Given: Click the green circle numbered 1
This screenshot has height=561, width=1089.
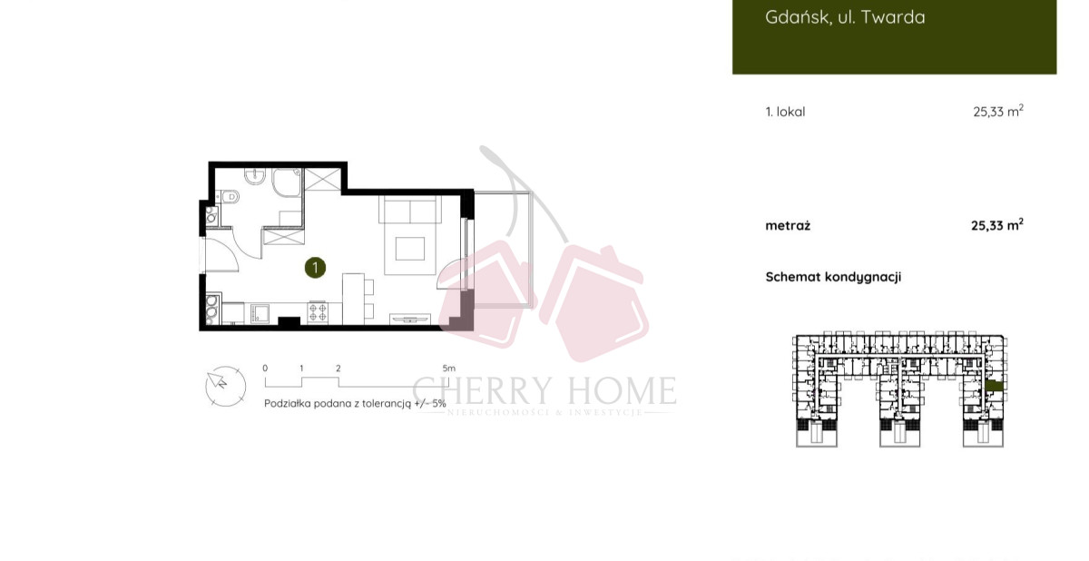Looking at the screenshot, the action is [x=315, y=268].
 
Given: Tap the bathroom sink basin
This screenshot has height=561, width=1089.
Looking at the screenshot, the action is [x=255, y=176].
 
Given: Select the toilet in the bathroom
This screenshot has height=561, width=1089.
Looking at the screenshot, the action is [x=230, y=197].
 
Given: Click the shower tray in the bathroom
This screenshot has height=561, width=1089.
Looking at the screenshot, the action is [x=287, y=182].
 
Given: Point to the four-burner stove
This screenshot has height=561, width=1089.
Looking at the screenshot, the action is [x=318, y=312].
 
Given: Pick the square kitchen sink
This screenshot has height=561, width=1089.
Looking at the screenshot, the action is [x=260, y=313].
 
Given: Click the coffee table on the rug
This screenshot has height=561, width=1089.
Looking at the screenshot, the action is [x=410, y=249].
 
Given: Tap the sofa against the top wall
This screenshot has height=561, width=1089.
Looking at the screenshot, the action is [x=410, y=210].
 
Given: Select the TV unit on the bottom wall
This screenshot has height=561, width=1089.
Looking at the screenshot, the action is [x=410, y=319].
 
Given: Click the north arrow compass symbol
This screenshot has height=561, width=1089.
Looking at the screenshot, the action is [x=225, y=386].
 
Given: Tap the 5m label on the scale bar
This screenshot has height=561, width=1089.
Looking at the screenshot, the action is [x=448, y=369].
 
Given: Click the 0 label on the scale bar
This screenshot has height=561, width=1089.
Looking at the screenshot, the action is [x=265, y=369].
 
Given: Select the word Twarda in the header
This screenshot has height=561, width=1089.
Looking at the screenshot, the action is [x=893, y=17].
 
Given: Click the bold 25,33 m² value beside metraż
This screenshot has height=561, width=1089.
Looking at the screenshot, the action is [x=997, y=225].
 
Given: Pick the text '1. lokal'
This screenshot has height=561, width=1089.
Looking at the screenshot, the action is [x=785, y=112].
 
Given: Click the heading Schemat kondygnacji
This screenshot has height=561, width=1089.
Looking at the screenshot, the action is [x=833, y=277].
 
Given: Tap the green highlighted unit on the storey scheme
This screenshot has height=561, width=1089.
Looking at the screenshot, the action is [x=995, y=387].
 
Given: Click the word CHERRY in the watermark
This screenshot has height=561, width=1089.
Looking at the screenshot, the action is [x=481, y=390].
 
